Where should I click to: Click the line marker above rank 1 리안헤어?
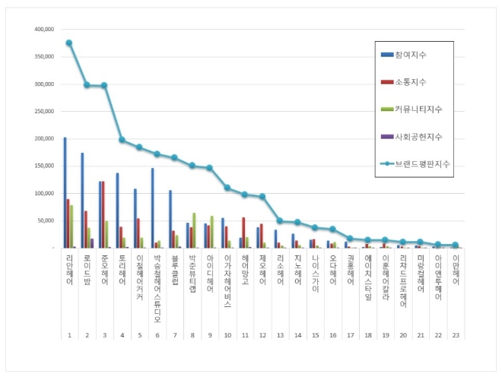click(x=69, y=43)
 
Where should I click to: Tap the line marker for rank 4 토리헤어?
click(x=122, y=140)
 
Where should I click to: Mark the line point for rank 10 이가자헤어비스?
click(x=227, y=187)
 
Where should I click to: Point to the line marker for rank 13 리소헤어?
click(x=280, y=220)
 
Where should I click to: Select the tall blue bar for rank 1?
click(x=65, y=193)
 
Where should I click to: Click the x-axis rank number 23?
click(x=456, y=334)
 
